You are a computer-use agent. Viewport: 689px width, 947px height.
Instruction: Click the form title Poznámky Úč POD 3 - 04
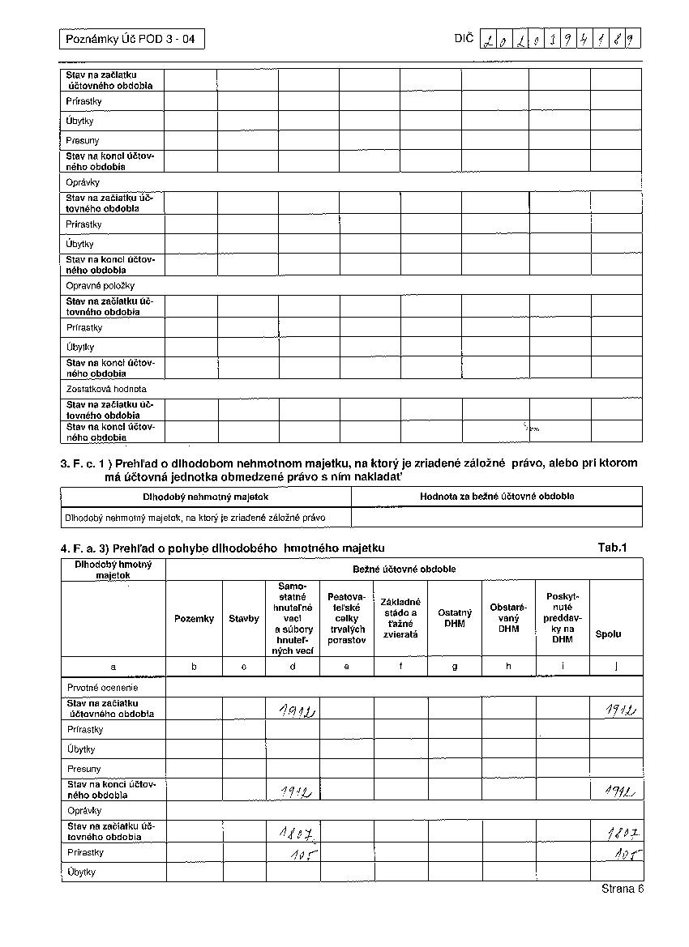pos(131,39)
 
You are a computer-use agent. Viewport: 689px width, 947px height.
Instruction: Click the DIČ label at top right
pos(464,38)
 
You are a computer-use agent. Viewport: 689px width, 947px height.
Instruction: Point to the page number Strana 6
pos(623,889)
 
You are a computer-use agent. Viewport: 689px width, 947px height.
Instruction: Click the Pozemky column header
pos(195,619)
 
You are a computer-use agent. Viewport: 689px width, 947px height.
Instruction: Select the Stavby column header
pos(244,619)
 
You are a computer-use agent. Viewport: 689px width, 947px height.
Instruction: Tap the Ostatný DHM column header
pos(455,618)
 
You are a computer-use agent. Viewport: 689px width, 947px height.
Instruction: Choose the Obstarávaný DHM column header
pos(508,618)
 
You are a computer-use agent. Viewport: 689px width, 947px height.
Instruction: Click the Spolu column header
pos(608,634)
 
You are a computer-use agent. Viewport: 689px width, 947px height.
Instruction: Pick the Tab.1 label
pos(613,548)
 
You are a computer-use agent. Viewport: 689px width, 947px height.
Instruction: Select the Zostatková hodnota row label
pos(106,389)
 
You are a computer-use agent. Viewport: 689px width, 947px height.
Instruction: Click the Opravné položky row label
pos(101,286)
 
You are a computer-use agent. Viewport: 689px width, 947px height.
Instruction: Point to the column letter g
pos(455,666)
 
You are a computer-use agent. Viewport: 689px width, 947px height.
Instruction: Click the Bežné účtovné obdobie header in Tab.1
pos(404,569)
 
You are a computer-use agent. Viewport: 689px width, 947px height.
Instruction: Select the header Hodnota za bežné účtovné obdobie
pos(497,497)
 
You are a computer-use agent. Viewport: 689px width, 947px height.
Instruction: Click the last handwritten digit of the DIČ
pos(630,39)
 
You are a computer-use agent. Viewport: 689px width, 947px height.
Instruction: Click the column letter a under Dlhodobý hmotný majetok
pos(113,666)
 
